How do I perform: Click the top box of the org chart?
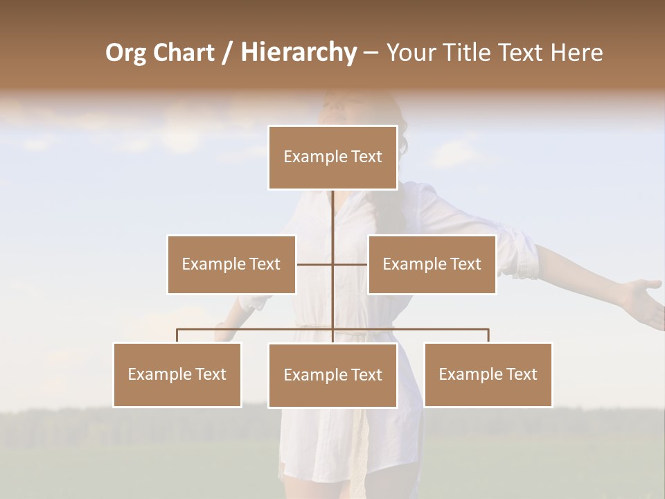(332, 157)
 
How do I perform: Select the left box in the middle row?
(231, 264)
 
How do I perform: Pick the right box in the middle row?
(432, 264)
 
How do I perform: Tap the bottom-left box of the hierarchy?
(177, 374)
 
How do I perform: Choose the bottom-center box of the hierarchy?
(332, 375)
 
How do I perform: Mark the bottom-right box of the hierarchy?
(488, 374)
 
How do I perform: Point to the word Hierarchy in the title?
(299, 53)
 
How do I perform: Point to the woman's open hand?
(641, 297)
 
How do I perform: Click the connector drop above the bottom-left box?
(177, 335)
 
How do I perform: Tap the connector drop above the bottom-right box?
(488, 335)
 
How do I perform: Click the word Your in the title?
(409, 53)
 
